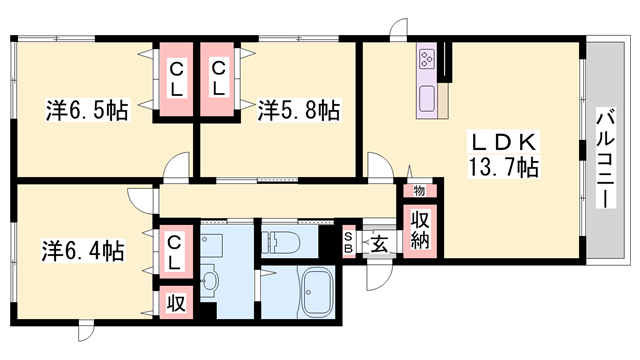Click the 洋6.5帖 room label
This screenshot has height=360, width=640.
point(87,110)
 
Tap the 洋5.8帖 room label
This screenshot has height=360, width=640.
point(298,110)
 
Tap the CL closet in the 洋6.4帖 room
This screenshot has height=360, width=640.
point(174,250)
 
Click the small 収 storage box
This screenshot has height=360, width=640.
point(174,301)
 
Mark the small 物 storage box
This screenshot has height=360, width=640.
point(417,190)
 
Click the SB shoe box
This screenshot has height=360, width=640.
point(348,242)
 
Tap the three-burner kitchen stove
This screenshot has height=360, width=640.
point(426,60)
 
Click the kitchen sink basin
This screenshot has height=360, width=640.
point(427,98)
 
